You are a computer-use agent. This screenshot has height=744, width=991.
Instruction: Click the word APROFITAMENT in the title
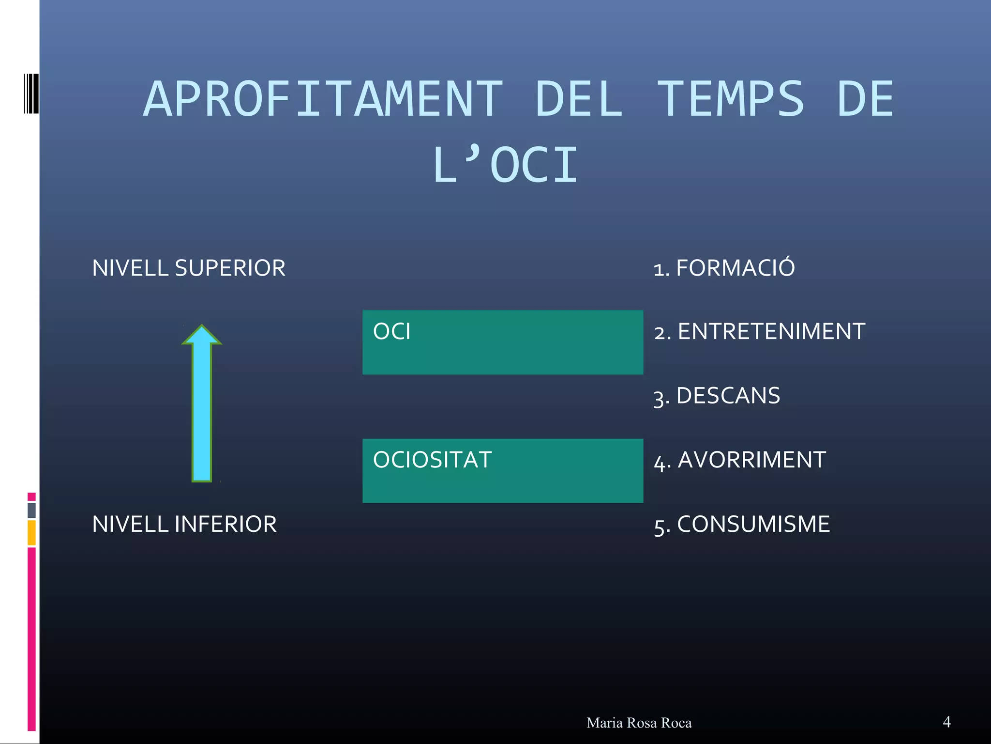point(323,99)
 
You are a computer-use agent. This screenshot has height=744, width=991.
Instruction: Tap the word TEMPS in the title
point(731,99)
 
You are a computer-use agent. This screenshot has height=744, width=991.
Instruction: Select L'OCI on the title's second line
point(506,166)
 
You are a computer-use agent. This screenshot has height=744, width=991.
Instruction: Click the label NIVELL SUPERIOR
point(189,268)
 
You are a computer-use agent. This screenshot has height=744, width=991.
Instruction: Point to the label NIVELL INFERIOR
point(184,524)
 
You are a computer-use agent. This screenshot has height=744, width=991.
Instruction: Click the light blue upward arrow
point(202,412)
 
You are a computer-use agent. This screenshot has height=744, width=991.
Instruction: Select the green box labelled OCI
point(502,342)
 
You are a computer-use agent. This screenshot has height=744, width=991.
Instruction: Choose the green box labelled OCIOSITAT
point(502,470)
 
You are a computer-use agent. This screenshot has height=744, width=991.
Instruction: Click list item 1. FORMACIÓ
point(724,268)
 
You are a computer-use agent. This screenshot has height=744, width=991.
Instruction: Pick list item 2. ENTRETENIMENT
point(759,332)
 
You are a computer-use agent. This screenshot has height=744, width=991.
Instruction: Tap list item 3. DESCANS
point(717,396)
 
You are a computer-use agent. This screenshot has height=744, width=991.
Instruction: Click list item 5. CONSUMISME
point(742,525)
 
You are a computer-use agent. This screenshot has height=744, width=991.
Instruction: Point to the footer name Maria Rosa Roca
point(639,723)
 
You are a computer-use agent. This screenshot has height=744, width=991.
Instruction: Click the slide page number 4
point(946,722)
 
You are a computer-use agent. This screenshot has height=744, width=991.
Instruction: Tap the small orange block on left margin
point(31,532)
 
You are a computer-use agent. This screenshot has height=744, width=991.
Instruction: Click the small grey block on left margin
point(31,510)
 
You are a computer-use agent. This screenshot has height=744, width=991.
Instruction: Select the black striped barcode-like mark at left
point(31,93)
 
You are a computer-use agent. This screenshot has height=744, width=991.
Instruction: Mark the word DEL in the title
point(579,99)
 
